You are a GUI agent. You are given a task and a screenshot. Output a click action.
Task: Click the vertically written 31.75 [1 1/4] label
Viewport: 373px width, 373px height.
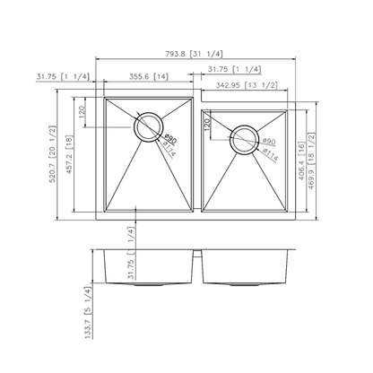tap(133, 253)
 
